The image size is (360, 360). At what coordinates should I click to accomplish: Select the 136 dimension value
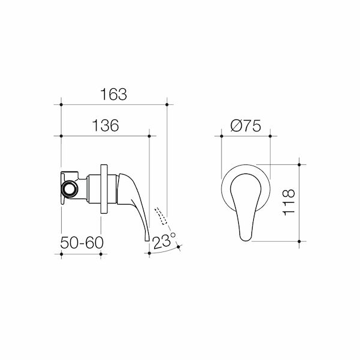[104, 125]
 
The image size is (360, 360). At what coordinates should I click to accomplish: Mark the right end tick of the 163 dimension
[166, 104]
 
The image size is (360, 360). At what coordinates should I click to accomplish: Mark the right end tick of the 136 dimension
[149, 136]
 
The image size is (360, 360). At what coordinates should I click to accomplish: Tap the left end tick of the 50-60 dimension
[62, 254]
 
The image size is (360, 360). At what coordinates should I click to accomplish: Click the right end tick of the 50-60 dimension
[101, 254]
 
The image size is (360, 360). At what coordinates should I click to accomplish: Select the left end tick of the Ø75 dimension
[223, 136]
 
